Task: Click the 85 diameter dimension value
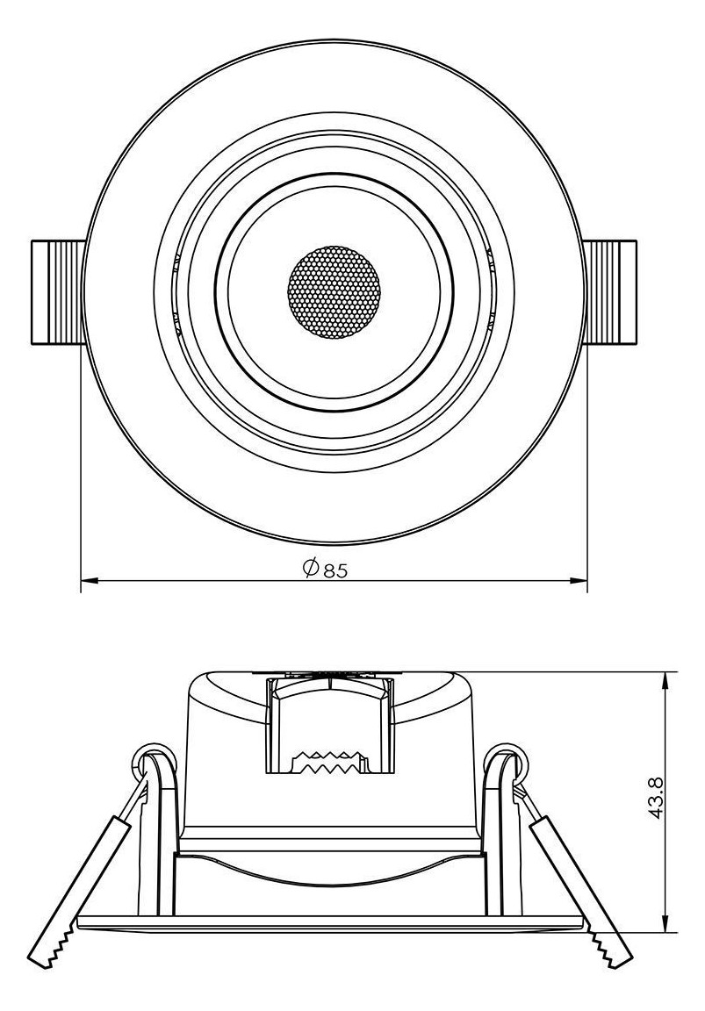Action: [x=336, y=570]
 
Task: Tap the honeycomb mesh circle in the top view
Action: [x=335, y=290]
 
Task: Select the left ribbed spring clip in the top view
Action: [x=58, y=290]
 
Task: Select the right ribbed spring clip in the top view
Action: [x=611, y=290]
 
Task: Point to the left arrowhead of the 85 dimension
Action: [x=88, y=580]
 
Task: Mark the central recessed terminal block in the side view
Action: [x=329, y=720]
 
